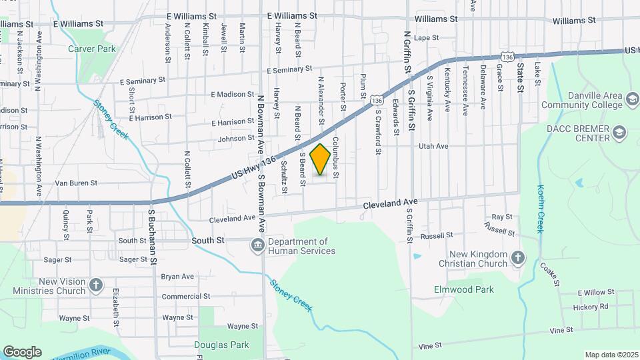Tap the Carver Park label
[x=92, y=49]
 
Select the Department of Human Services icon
[x=257, y=246]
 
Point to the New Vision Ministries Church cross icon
[x=96, y=286]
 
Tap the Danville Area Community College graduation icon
[x=631, y=100]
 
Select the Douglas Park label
[x=221, y=345]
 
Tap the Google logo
[x=22, y=352]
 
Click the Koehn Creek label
[x=541, y=208]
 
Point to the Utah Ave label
[x=433, y=146]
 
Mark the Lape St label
[x=425, y=38]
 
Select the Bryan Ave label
[x=177, y=276]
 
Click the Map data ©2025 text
[x=612, y=355]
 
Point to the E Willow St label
[x=595, y=293]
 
